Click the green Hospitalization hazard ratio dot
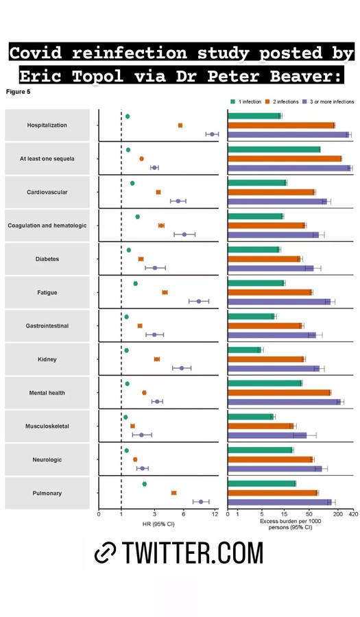coord(128,117)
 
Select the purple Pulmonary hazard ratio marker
coord(201,502)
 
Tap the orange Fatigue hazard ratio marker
coord(165,292)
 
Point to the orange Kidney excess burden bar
coord(266,359)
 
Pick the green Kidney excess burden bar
coord(244,350)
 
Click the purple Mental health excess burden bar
coord(284,402)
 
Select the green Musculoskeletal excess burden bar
coord(250,417)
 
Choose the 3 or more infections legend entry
coord(328,101)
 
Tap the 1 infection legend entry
coord(246,101)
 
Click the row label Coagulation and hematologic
coord(47,226)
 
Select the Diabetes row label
coord(47,259)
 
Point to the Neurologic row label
coord(47,459)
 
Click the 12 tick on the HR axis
coord(215,514)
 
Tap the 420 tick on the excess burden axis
coord(353,514)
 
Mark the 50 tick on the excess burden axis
coord(309,514)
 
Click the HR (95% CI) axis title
coord(158,524)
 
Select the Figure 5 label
coord(18,92)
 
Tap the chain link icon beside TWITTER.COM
coord(106,553)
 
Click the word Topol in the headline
coord(97,75)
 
